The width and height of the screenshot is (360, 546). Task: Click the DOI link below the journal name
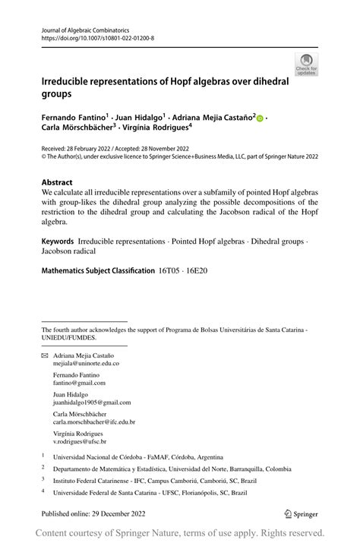(x=97, y=36)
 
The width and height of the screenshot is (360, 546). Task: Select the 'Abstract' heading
(x=58, y=182)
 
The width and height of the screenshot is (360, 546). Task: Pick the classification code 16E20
(x=197, y=270)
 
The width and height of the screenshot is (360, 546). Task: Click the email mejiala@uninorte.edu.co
(x=86, y=364)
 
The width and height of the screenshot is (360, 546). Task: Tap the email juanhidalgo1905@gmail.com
(x=92, y=402)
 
